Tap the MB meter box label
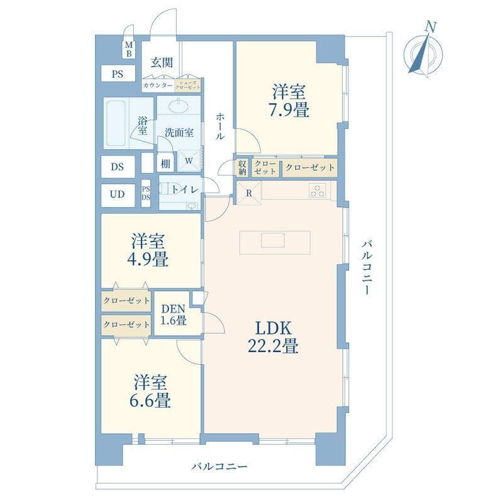129,49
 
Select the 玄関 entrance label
162,62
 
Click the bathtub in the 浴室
116,123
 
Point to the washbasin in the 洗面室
179,106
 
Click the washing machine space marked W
189,160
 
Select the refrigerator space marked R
249,193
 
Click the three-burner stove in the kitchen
318,191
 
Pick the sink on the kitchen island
273,240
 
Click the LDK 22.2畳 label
274,337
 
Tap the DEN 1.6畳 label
174,314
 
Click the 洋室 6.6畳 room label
150,391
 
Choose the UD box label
117,194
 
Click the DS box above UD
118,167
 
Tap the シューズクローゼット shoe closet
188,86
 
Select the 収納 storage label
242,167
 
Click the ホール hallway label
220,126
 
